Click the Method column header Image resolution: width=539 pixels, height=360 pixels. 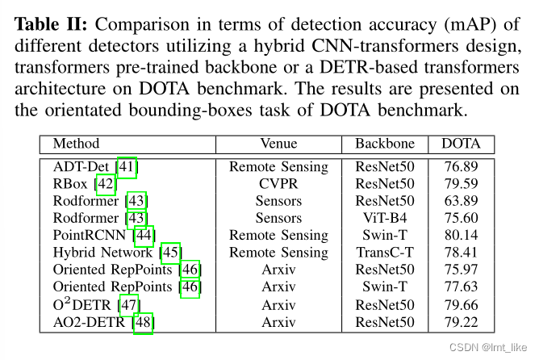tap(76, 144)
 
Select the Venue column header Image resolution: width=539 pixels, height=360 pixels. tap(278, 144)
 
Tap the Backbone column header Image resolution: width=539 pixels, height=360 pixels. tap(385, 144)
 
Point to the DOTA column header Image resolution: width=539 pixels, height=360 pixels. tap(461, 144)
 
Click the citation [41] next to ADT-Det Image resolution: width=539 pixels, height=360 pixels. tap(127, 167)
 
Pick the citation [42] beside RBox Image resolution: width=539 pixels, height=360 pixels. tap(106, 184)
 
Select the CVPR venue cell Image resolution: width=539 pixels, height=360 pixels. tap(278, 184)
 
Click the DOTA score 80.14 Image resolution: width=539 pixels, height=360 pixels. tap(461, 235)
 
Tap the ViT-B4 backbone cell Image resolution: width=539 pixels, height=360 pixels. tap(385, 218)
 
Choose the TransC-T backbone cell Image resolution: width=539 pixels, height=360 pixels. tap(385, 252)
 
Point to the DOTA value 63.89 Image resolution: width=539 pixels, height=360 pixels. tap(461, 201)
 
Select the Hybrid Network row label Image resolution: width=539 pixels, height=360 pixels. tap(105, 252)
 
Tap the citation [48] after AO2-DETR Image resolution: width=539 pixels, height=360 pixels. tap(143, 323)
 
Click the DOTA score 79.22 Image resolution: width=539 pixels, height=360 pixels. tap(461, 323)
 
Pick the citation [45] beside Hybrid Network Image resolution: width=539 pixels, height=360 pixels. tap(171, 252)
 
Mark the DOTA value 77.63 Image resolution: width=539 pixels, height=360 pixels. tap(461, 287)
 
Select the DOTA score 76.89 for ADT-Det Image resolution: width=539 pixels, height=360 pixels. tap(461, 167)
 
